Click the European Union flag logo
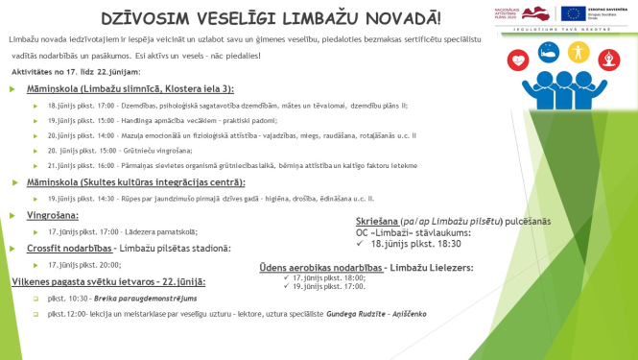pos(576,13)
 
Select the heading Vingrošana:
pos(52,215)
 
